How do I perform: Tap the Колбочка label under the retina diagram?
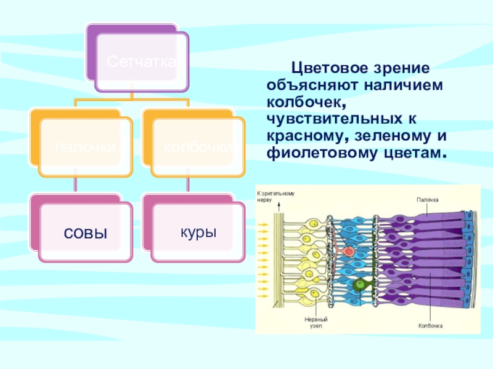pos(431,325)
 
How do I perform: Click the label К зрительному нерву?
pos(275,196)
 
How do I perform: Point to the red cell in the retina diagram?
pos(347,251)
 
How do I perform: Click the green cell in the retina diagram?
pos(359,284)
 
